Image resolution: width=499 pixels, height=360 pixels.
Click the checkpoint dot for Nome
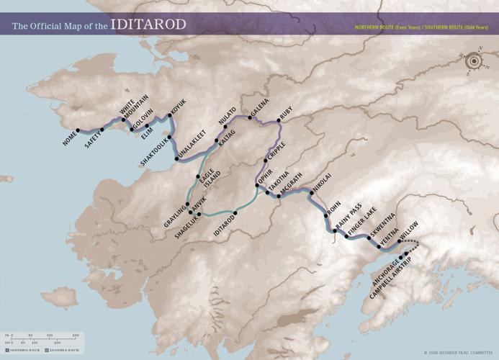coord(78,130)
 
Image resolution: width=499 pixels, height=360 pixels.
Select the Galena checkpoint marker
coord(249,117)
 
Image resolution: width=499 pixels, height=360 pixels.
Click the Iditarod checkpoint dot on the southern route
coord(235,212)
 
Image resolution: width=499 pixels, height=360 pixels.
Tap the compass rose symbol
coord(473,62)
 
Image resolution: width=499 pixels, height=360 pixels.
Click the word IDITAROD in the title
coord(148,24)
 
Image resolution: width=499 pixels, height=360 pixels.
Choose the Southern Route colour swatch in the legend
coord(47,350)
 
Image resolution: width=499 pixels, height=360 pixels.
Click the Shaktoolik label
coord(154,152)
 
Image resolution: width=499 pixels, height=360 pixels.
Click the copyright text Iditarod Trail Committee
coord(462,353)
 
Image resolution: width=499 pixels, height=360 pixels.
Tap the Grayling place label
coord(176,216)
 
